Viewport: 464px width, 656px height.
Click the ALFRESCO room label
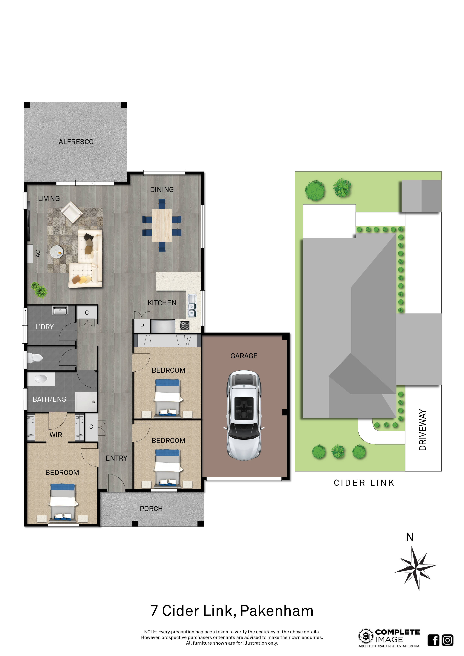[76, 142]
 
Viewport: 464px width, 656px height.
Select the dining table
[162, 225]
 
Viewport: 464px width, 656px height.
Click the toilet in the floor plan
[34, 358]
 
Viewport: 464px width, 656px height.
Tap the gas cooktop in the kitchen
[184, 325]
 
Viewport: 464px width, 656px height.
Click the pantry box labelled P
[142, 326]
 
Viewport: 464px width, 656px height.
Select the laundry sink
[60, 310]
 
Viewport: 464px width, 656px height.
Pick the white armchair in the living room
[72, 212]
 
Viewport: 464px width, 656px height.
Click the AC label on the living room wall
[38, 254]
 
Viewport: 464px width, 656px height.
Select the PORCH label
[151, 509]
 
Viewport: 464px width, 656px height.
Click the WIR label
[56, 435]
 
